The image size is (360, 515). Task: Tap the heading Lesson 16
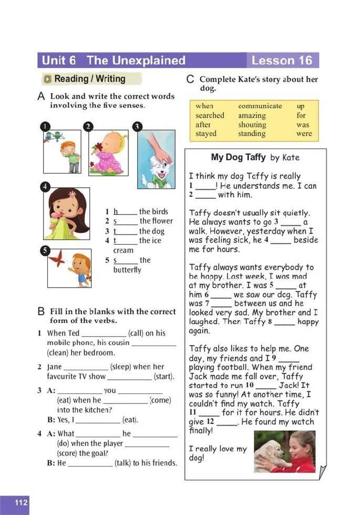pos(281,60)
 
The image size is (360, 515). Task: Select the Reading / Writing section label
pos(89,79)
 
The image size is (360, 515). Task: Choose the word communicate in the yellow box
pos(260,106)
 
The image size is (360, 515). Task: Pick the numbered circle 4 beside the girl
pos(46,186)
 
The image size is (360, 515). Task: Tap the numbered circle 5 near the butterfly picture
pos(46,250)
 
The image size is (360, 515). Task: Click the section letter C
pos(190,79)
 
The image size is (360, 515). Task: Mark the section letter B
pos(41,311)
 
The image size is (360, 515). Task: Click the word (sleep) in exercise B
pos(121,367)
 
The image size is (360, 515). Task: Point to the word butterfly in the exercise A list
pos(127,270)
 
